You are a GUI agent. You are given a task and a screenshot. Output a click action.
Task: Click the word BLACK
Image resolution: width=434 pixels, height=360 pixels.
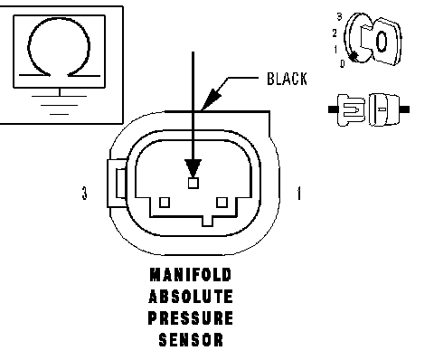(287, 79)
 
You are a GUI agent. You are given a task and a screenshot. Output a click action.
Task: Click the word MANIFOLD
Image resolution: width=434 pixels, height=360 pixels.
(191, 275)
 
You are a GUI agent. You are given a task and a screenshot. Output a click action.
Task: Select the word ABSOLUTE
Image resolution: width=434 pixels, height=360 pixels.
(191, 297)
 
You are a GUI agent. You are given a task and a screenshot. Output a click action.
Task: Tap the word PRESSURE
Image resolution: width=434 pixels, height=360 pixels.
(191, 318)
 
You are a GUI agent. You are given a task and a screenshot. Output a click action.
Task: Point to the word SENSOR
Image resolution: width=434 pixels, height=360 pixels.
(191, 340)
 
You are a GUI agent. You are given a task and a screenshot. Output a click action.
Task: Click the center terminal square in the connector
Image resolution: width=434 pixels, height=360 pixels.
(193, 183)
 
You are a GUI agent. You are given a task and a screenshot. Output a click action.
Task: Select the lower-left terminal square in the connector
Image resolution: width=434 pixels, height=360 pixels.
(165, 203)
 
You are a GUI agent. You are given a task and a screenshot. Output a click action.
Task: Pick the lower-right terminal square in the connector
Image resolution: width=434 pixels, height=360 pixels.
(222, 203)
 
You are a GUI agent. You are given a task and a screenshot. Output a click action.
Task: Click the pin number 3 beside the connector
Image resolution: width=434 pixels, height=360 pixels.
(85, 193)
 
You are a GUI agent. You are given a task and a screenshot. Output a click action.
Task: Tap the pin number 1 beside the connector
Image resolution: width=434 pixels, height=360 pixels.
(298, 194)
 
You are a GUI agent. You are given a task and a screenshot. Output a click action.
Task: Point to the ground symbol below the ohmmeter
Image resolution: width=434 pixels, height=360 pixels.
(60, 105)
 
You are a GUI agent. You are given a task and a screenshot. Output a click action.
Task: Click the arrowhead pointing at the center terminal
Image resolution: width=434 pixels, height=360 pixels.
(193, 168)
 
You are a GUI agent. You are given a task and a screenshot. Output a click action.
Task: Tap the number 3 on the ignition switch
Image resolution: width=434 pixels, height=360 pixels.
(340, 17)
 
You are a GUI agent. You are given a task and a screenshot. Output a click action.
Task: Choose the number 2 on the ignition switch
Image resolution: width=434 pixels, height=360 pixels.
(335, 33)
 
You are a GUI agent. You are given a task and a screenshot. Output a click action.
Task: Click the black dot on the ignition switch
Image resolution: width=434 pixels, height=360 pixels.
(353, 56)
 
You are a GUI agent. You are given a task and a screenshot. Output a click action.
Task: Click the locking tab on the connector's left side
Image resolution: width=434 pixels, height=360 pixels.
(117, 184)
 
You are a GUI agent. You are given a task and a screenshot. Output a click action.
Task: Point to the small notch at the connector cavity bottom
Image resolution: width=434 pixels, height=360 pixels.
(207, 222)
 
